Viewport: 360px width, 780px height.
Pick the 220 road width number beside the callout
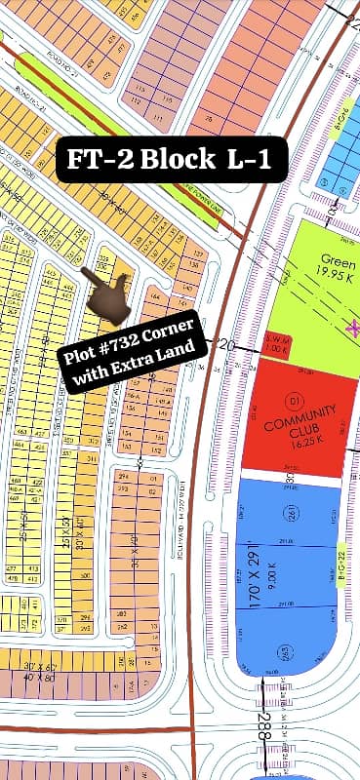[225, 344]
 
